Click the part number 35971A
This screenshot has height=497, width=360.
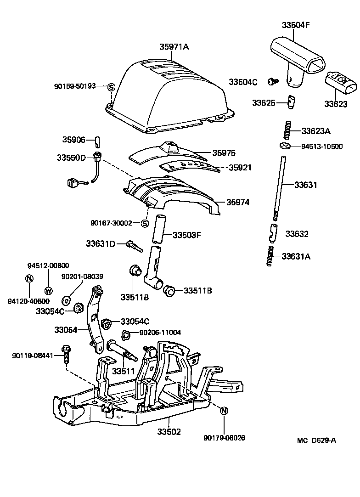pyautogui.click(x=174, y=47)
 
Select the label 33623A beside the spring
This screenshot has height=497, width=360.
pyautogui.click(x=316, y=131)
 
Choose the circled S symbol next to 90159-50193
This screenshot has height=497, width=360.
pyautogui.click(x=111, y=86)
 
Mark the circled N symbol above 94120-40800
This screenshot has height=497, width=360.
pyautogui.click(x=29, y=278)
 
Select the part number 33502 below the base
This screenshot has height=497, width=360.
pyautogui.click(x=169, y=432)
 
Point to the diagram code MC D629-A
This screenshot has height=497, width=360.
pyautogui.click(x=316, y=441)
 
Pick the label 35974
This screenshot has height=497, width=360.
pyautogui.click(x=237, y=202)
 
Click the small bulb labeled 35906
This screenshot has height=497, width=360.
pyautogui.click(x=97, y=140)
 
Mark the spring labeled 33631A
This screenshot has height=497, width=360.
pyautogui.click(x=270, y=256)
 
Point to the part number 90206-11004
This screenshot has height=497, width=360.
pyautogui.click(x=160, y=332)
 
